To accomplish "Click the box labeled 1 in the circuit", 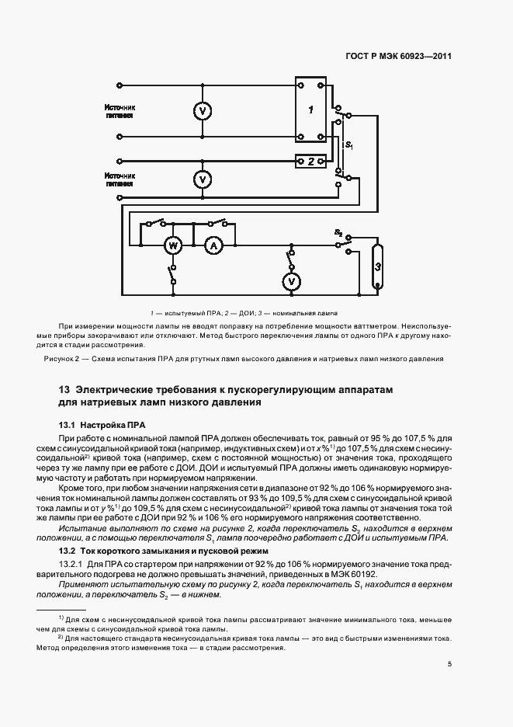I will point(311,110).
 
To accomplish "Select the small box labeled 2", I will point(311,162).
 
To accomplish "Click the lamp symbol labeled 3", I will point(376,266).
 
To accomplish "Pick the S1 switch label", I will point(349,145).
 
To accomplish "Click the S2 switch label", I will point(338,232).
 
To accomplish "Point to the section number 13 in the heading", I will point(64,389).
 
